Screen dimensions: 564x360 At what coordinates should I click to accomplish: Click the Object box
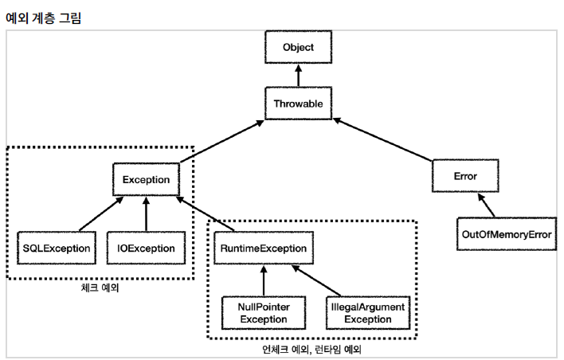pyautogui.click(x=298, y=47)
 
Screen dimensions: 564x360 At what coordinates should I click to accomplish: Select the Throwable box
pyautogui.click(x=298, y=104)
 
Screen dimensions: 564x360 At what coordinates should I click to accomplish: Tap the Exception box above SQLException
pyautogui.click(x=146, y=179)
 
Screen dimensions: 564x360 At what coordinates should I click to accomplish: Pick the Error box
pyautogui.click(x=465, y=176)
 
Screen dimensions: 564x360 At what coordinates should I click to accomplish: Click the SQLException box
pyautogui.click(x=57, y=248)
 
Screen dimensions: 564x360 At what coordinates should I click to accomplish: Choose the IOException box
pyautogui.click(x=146, y=248)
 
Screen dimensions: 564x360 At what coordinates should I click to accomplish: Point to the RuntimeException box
pyautogui.click(x=264, y=248)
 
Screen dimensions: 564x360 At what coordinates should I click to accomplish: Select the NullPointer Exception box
pyautogui.click(x=264, y=313)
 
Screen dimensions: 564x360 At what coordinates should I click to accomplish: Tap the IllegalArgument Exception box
pyautogui.click(x=368, y=313)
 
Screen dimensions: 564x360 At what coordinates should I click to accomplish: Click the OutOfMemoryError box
pyautogui.click(x=507, y=234)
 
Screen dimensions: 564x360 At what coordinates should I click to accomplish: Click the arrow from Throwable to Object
pyautogui.click(x=298, y=76)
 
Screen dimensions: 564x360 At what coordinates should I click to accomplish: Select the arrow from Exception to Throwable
pyautogui.click(x=221, y=141)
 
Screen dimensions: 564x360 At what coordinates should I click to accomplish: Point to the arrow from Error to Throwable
pyautogui.click(x=382, y=139)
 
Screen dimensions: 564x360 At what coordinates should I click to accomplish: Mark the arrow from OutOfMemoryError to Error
pyautogui.click(x=486, y=205)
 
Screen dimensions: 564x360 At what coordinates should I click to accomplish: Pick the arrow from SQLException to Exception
pyautogui.click(x=101, y=214)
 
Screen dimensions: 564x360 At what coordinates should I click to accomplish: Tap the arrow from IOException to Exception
pyautogui.click(x=146, y=214)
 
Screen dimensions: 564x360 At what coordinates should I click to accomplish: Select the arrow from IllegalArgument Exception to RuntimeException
pyautogui.click(x=316, y=281)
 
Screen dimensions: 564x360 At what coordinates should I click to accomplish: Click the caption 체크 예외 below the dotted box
pyautogui.click(x=100, y=288)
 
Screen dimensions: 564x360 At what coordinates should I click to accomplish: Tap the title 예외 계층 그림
pyautogui.click(x=44, y=18)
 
